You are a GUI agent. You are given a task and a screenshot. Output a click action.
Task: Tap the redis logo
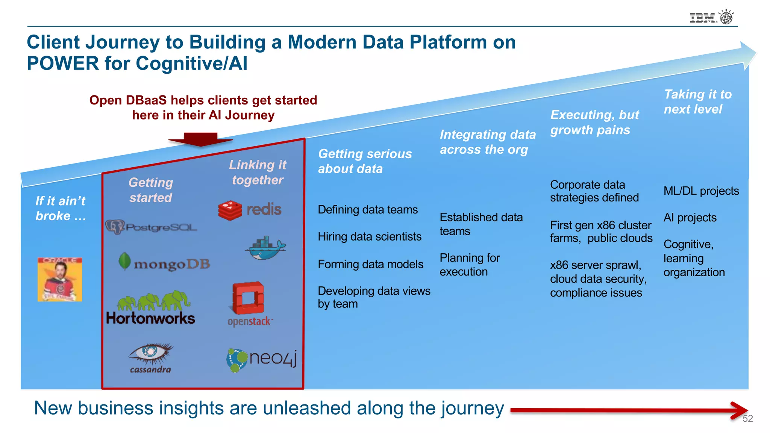[x=250, y=210]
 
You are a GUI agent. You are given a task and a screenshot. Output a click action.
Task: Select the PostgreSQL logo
[x=151, y=227]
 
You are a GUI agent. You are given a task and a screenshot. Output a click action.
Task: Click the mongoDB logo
[x=164, y=263]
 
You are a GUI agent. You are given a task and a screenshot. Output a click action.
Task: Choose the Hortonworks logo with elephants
[x=151, y=308]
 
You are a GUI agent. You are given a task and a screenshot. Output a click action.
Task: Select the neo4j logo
[x=261, y=359]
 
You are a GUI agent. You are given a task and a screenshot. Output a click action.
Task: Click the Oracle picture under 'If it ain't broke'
[x=60, y=279]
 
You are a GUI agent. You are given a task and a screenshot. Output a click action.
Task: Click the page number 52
[x=747, y=419]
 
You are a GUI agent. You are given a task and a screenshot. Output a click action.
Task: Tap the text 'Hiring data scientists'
[x=370, y=237]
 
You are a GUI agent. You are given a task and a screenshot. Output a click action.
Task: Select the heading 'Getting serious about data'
[x=365, y=161]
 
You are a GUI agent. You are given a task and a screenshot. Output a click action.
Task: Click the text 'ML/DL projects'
[x=701, y=191]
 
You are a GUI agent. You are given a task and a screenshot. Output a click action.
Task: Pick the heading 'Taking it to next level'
[x=697, y=101]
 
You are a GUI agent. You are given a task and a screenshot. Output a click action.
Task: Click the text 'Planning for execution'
[x=470, y=265]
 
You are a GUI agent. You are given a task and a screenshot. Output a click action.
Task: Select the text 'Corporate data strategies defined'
[x=594, y=191]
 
